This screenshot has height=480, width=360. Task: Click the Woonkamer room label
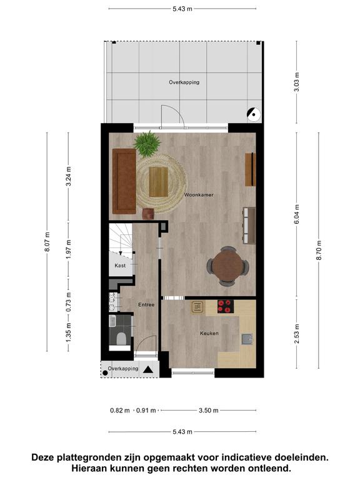199,195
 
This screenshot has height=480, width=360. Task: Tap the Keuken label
209,333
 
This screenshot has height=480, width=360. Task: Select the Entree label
146,304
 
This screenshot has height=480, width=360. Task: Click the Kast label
120,266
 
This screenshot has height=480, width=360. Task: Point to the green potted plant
147,144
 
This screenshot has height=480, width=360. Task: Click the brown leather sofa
124,181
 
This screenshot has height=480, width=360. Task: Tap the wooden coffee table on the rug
159,182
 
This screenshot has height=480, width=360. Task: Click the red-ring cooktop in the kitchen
226,306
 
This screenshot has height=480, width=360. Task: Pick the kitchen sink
247,339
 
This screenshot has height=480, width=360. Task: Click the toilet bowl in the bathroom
121,339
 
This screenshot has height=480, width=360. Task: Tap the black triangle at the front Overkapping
148,369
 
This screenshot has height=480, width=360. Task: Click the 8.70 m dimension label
319,250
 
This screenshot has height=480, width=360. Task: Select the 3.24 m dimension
69,176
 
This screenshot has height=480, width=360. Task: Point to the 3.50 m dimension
209,410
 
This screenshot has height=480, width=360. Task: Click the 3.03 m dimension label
296,82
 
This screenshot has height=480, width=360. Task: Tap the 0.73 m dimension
69,302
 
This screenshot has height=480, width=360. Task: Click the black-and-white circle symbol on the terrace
254,114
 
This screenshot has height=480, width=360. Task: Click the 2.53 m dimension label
296,333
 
